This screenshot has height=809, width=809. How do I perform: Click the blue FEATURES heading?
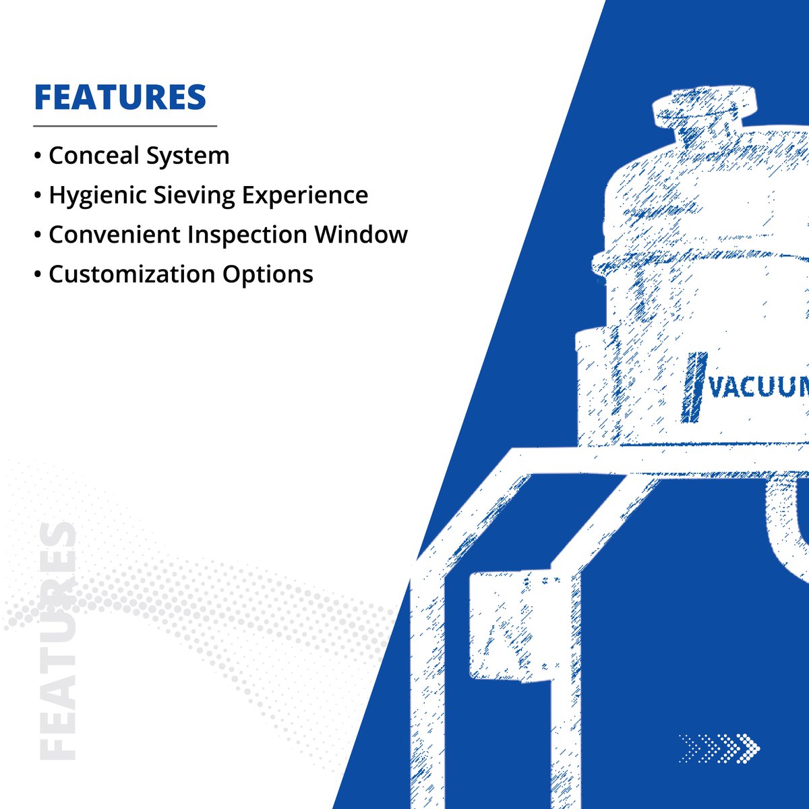(x=120, y=97)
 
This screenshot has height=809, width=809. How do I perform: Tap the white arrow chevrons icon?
(x=719, y=748)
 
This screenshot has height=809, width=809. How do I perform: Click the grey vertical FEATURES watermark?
(x=57, y=640)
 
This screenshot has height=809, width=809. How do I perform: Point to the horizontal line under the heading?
(x=125, y=126)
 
